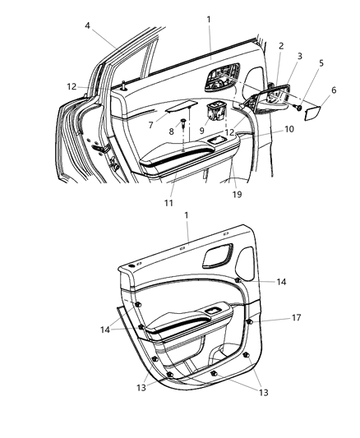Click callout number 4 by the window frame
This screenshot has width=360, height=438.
point(87,26)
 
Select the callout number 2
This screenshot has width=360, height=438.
point(280,47)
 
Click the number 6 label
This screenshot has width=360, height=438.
point(334,90)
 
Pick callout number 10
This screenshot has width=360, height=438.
point(266,130)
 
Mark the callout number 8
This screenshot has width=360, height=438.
point(171,130)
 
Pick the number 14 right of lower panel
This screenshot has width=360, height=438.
point(281,282)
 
